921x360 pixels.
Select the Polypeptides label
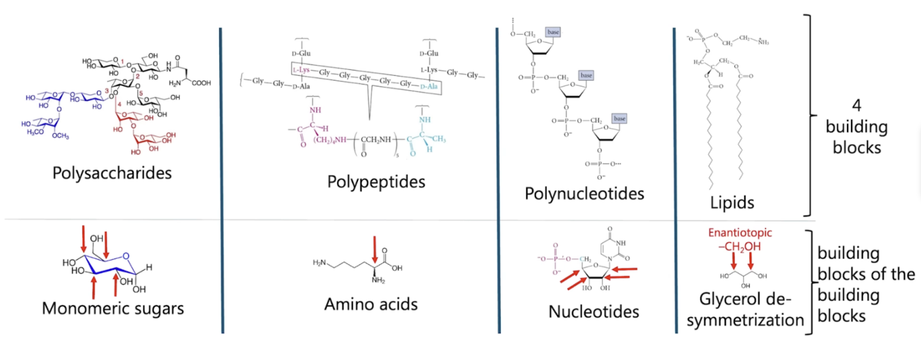376,181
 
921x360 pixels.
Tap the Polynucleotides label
584,194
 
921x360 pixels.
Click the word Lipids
732,203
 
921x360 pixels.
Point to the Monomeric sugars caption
113,308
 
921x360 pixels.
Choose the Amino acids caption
370,304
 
